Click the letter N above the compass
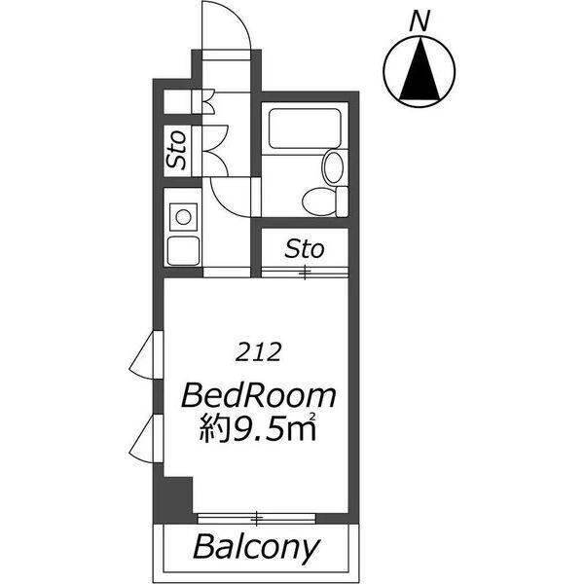(x=420, y=20)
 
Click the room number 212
(x=258, y=352)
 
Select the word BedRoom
(x=259, y=397)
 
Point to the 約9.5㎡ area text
(x=258, y=428)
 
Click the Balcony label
(x=256, y=547)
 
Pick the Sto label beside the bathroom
(x=305, y=249)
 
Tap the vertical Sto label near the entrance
(x=175, y=149)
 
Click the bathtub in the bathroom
(x=305, y=128)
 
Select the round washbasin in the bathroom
(x=333, y=166)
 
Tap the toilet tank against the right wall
(x=343, y=201)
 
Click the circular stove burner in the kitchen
(x=183, y=217)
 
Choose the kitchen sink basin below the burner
(x=183, y=251)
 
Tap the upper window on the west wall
(x=147, y=355)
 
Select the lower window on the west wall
(x=147, y=438)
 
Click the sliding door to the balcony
(x=257, y=518)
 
